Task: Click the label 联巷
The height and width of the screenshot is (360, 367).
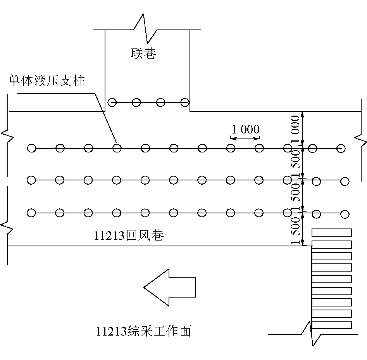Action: (143, 53)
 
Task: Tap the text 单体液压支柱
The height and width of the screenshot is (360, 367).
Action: (47, 81)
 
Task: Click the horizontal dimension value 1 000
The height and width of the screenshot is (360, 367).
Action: (245, 129)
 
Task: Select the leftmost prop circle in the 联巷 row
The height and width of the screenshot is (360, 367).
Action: (112, 103)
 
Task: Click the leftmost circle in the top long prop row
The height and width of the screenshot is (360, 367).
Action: (31, 148)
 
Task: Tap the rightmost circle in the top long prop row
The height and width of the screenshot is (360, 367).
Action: (341, 148)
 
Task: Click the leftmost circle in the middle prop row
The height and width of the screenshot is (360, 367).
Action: (31, 180)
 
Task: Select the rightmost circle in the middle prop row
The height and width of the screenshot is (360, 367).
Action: (345, 181)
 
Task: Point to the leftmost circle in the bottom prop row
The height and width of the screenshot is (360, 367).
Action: (31, 213)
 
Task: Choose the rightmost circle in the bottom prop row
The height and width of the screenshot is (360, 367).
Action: (345, 214)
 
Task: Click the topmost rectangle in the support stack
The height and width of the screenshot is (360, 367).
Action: (332, 232)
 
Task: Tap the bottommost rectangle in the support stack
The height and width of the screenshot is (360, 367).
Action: (332, 325)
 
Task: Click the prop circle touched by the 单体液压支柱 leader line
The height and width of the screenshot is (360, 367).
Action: (117, 148)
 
